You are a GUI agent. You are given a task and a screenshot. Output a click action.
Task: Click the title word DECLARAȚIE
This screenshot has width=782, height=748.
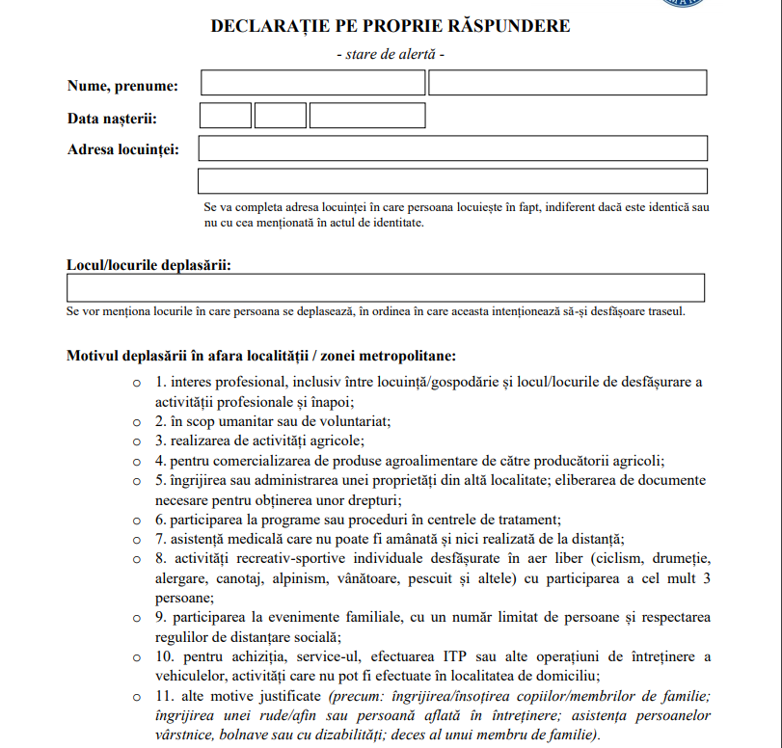pyautogui.click(x=274, y=26)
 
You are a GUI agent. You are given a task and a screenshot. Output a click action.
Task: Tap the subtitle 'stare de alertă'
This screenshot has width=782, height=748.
pyautogui.click(x=391, y=54)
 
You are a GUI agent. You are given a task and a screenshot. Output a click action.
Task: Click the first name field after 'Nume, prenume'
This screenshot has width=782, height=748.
pyautogui.click(x=312, y=83)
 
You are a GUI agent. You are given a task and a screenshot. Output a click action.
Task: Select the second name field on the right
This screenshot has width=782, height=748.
pyautogui.click(x=568, y=83)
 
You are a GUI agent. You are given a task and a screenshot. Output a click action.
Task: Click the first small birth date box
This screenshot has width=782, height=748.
pyautogui.click(x=226, y=116)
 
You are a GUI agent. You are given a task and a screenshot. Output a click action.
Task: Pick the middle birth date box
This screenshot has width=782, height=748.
pyautogui.click(x=281, y=116)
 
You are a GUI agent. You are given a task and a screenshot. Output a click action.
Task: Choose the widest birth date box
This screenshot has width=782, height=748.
pyautogui.click(x=367, y=116)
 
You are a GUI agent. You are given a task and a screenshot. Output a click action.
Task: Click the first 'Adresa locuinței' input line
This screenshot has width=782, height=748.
pyautogui.click(x=452, y=148)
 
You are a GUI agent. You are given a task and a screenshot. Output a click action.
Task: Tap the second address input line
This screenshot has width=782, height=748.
pyautogui.click(x=452, y=181)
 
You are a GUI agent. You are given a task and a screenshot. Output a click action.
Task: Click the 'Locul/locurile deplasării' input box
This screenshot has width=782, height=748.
pyautogui.click(x=386, y=288)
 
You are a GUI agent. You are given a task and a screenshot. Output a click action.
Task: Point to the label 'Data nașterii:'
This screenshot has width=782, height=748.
pyautogui.click(x=112, y=119)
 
